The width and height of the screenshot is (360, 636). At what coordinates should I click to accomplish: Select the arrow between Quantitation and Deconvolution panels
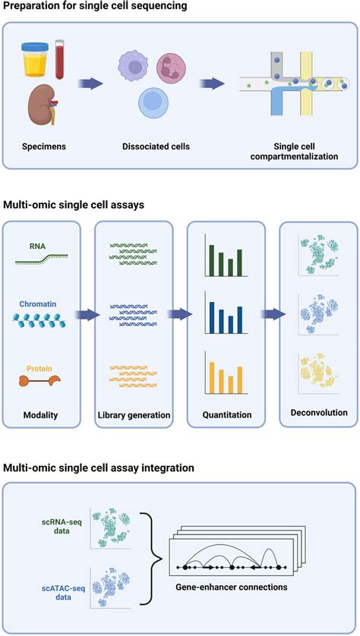pos(264,313)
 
